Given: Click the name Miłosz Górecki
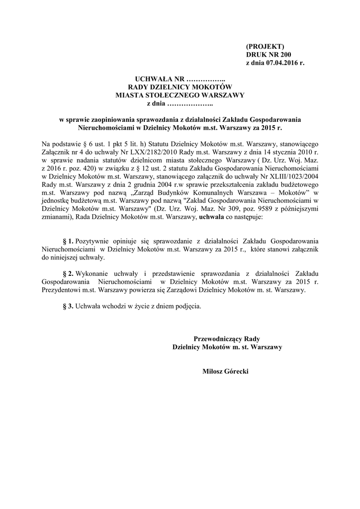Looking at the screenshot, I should point(225,371).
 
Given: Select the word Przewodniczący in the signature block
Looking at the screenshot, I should point(220,339).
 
